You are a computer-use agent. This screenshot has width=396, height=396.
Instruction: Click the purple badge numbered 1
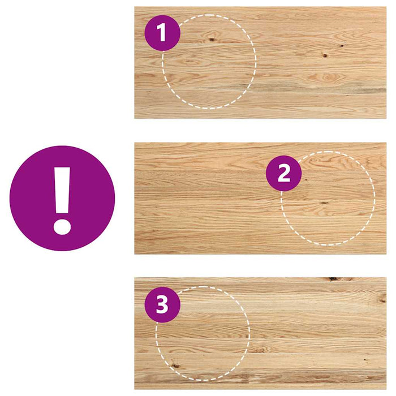[162, 33]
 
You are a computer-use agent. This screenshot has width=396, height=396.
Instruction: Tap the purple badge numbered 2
[283, 173]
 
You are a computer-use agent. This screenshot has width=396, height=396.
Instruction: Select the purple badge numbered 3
[162, 305]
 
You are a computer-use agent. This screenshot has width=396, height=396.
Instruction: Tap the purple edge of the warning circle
[17, 198]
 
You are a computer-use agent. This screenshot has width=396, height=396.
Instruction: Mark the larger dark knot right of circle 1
[325, 56]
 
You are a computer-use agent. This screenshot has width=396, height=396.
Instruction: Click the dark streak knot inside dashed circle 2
[324, 203]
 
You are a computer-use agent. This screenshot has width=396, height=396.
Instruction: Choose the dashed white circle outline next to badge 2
[375, 198]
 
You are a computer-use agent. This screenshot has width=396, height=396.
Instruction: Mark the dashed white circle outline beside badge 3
[249, 334]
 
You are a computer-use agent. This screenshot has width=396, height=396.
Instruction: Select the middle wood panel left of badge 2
[198, 198]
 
